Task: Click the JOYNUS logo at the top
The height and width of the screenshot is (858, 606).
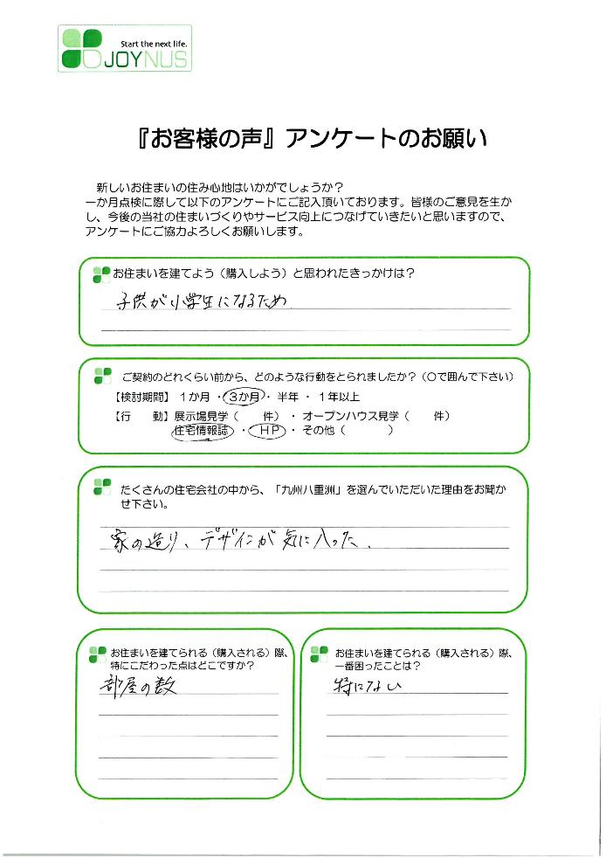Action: tap(125, 48)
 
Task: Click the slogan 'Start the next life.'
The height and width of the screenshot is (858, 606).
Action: tap(154, 44)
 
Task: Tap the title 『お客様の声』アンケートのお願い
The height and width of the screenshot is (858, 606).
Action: tap(313, 139)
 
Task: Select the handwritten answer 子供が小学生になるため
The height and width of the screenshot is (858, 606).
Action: tap(202, 301)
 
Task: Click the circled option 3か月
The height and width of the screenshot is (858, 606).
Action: tap(244, 397)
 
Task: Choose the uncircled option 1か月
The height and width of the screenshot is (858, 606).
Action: tap(195, 397)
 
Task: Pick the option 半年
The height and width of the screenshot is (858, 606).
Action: tap(287, 397)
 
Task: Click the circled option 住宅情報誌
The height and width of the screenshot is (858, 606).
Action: tap(202, 432)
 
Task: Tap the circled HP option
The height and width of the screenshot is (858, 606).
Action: tap(267, 432)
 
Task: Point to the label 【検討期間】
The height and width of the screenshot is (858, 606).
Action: tap(142, 397)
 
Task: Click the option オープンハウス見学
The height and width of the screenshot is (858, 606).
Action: tap(350, 416)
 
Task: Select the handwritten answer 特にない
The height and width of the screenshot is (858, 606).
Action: tap(367, 686)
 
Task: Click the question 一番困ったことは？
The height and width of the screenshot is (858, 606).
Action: tap(378, 666)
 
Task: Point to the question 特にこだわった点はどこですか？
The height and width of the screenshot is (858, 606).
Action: tap(182, 666)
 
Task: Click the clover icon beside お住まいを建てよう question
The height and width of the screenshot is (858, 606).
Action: tap(102, 274)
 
